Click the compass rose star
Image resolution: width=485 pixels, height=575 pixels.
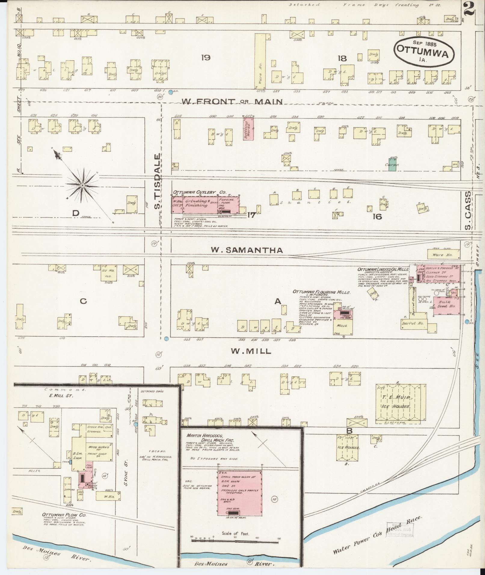82,186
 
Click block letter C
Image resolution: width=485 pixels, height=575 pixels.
83,301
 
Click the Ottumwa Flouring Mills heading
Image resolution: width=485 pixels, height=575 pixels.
321,292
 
